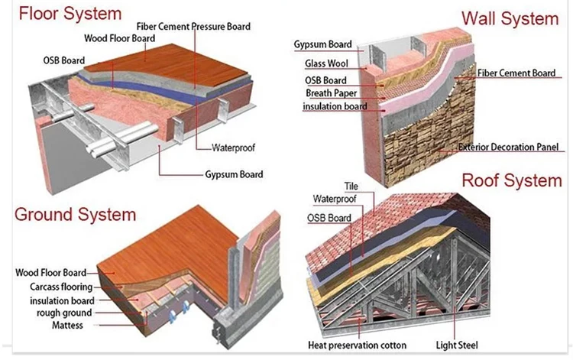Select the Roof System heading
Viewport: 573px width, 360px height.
coord(511,181)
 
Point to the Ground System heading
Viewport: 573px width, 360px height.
coord(75,212)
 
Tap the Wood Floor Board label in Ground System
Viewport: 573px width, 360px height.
coord(53,272)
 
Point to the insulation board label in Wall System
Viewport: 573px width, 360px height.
coord(335,106)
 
